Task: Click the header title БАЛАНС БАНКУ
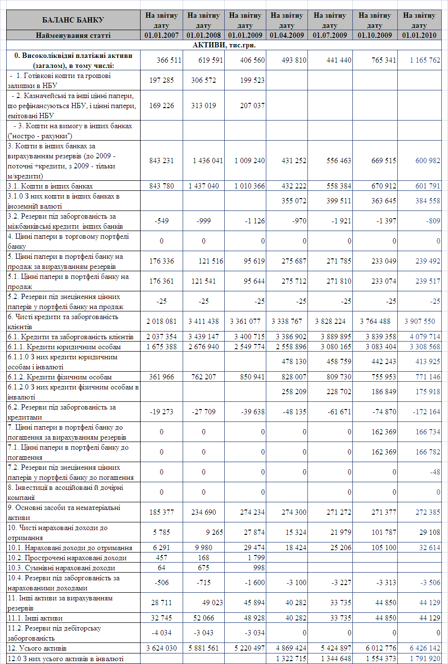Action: (x=73, y=20)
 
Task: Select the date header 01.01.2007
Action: (x=162, y=35)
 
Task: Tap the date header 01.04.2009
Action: (x=287, y=35)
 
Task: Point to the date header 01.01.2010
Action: (x=419, y=35)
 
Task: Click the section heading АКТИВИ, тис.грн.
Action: (x=224, y=45)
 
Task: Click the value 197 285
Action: (x=162, y=80)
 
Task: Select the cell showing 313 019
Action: (x=204, y=106)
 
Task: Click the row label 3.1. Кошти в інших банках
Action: (x=50, y=186)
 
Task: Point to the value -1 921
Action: (x=339, y=221)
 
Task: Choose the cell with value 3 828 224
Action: (x=330, y=321)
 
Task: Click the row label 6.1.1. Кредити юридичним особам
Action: (x=64, y=347)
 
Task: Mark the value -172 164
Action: (x=426, y=412)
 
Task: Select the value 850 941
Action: (x=252, y=377)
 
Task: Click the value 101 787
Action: (x=383, y=532)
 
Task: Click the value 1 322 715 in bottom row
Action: (x=291, y=659)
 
